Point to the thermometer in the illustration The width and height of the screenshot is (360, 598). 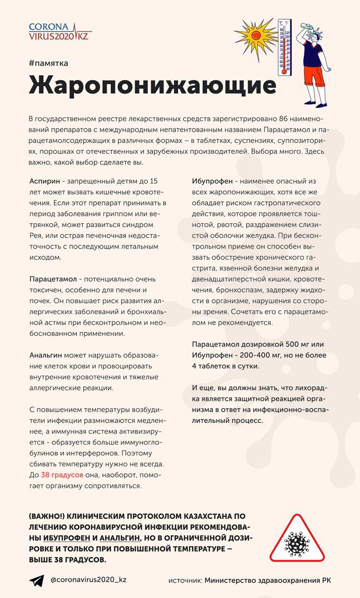[x=284, y=47]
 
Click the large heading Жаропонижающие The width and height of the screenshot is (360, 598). [x=152, y=86]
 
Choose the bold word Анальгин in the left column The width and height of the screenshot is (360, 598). [x=46, y=356]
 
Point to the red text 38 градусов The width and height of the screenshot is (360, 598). [x=62, y=474]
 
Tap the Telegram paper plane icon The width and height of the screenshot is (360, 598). [x=36, y=581]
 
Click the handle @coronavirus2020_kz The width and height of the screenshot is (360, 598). [x=88, y=580]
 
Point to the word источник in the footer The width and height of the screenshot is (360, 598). [x=185, y=581]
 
